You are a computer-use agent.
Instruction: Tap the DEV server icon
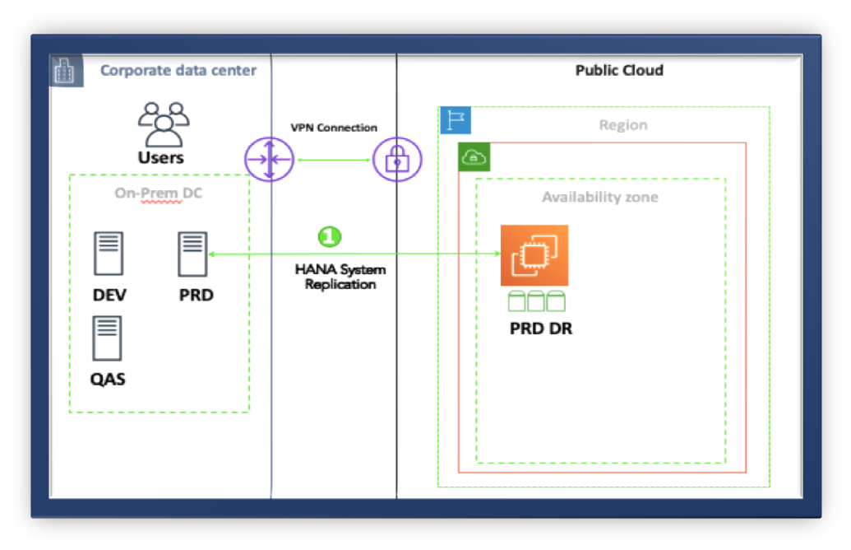click(x=109, y=254)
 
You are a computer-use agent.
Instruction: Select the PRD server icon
click(x=192, y=254)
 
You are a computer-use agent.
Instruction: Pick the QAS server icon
click(x=107, y=338)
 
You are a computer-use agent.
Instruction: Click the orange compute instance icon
click(x=534, y=255)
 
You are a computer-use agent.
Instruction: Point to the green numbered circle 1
click(x=330, y=236)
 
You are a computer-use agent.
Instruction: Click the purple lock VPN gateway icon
click(x=397, y=160)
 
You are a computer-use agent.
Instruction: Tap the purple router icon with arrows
click(x=269, y=160)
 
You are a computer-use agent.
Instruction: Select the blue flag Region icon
click(x=456, y=120)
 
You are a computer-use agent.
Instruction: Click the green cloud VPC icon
click(x=474, y=157)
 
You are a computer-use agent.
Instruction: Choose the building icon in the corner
click(x=66, y=71)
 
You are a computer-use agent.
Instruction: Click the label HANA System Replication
click(x=340, y=277)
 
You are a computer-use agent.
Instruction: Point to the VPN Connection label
click(x=334, y=128)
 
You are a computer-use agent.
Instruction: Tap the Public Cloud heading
click(x=619, y=70)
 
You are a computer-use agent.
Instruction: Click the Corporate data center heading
click(x=178, y=70)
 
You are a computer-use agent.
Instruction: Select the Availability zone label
click(x=599, y=197)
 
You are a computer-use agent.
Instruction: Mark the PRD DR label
click(x=541, y=329)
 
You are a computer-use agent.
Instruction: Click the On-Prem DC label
click(x=159, y=193)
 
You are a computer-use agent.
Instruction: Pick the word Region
click(x=623, y=125)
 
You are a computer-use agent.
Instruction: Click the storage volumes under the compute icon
click(x=536, y=301)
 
